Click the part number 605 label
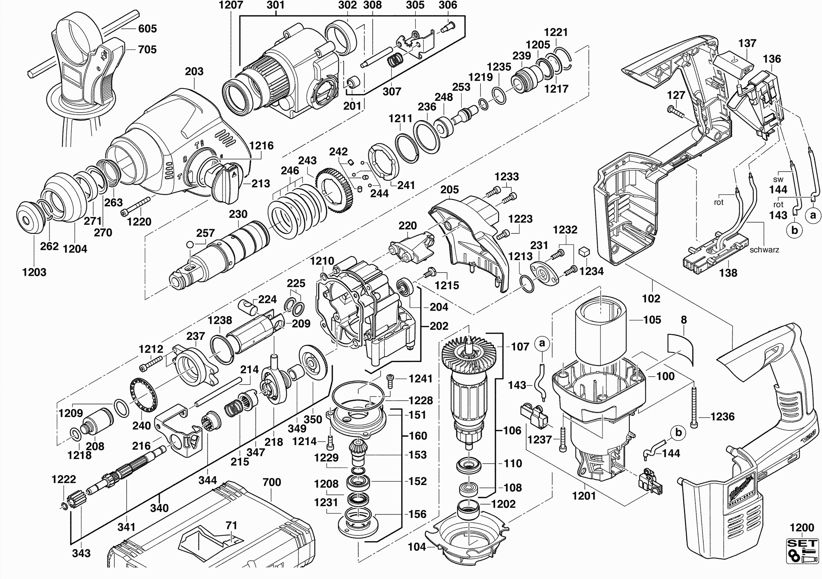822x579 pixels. [x=147, y=28]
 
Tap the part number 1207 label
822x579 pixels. [x=231, y=5]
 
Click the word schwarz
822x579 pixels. [x=764, y=250]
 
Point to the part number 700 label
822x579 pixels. [x=272, y=482]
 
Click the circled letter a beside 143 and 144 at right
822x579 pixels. [x=813, y=215]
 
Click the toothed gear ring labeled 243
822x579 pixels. [x=335, y=192]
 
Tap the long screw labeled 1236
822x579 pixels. [x=694, y=408]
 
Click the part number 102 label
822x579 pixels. [x=651, y=298]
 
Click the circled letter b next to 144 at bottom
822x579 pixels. [x=679, y=433]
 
